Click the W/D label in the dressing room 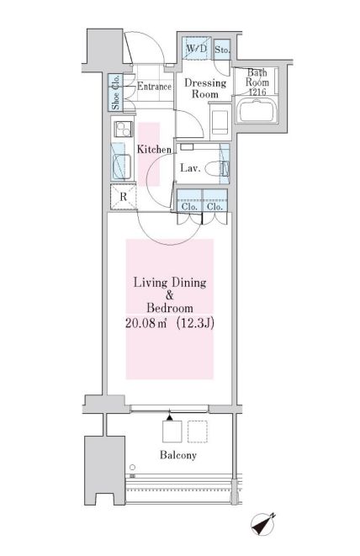tap(196, 50)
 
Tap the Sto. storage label tap(222, 50)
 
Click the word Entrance tap(154, 86)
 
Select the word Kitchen tap(154, 149)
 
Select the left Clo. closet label tap(188, 206)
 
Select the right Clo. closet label tap(214, 206)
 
